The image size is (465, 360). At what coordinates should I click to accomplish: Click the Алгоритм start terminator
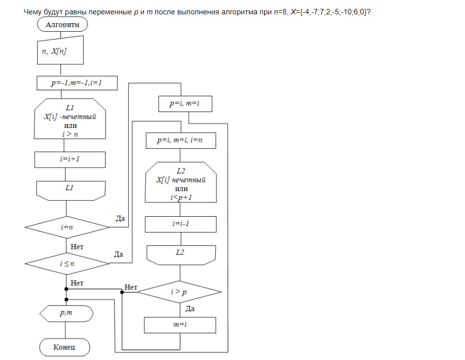coord(62,24)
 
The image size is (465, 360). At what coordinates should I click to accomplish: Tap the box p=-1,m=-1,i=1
coord(77,83)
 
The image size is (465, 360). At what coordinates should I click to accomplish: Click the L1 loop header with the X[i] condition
coord(70,120)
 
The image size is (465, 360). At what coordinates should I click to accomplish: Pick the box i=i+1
coord(70,160)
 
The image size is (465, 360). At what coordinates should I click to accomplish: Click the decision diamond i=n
coord(67,227)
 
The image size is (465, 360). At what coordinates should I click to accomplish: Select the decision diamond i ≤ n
coord(67,263)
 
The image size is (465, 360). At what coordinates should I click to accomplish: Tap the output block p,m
coord(66,313)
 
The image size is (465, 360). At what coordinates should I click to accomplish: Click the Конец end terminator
coord(64,347)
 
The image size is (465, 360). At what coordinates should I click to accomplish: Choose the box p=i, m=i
coord(184,104)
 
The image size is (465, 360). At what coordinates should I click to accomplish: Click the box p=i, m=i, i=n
coord(180,140)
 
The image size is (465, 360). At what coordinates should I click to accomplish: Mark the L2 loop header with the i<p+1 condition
coord(181,182)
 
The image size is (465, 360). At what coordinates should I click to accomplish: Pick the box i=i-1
coord(180,224)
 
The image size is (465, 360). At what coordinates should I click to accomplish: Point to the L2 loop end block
coord(181,254)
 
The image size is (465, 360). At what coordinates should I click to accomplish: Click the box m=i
coord(180,325)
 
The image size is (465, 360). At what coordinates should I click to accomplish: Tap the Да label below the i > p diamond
coord(189,308)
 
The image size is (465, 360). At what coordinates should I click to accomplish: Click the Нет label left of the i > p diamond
coord(131,287)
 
